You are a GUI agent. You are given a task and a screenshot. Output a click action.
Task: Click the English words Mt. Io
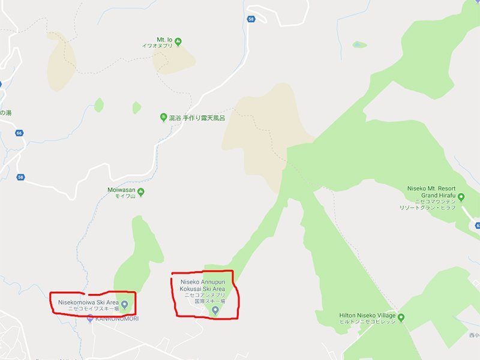(165, 39)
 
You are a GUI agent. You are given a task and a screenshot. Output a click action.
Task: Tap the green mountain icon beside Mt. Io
(179, 40)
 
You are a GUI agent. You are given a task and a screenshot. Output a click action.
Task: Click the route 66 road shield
(20, 133)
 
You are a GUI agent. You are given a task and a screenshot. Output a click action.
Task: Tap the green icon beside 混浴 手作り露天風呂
(163, 117)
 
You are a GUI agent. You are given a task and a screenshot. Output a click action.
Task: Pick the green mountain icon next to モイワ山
(141, 193)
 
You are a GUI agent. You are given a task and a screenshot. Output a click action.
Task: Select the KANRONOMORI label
(118, 319)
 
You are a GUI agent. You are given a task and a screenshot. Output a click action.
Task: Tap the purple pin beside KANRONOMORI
(90, 319)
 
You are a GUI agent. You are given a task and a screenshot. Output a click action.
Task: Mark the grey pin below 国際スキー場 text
(215, 310)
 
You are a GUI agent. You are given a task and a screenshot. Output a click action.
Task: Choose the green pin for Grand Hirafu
(461, 196)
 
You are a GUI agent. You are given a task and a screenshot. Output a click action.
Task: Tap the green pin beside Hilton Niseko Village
(401, 317)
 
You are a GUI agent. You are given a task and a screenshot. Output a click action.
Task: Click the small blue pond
(359, 44)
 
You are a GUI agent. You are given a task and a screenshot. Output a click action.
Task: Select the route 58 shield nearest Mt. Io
(250, 20)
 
